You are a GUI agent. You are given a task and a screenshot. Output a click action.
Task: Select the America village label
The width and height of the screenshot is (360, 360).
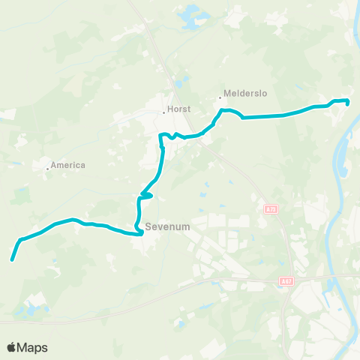[x=67, y=165]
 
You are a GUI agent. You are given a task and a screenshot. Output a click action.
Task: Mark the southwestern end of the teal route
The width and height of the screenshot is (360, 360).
[x=12, y=259]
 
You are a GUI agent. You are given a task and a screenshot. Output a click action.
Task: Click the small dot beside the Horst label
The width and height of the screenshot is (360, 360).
[x=163, y=112]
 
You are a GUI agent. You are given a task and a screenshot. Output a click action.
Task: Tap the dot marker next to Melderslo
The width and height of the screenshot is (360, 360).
[x=220, y=97]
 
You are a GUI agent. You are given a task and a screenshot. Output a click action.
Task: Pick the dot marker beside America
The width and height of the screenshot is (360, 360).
[x=47, y=169]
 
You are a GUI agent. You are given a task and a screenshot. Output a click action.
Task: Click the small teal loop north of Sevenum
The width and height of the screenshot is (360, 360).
[x=147, y=196]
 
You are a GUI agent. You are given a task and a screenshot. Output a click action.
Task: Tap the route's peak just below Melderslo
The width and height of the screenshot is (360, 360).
[x=222, y=111]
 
